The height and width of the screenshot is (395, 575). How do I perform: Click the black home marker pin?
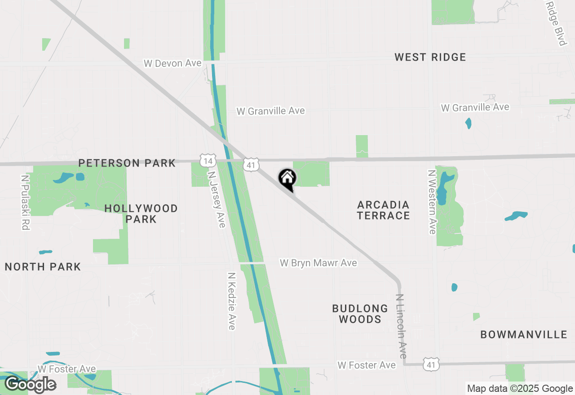click(287, 179)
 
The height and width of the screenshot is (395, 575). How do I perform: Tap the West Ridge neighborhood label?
click(430, 57)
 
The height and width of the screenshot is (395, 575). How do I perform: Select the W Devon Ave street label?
click(172, 63)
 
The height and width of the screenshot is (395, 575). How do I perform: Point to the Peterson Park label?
click(127, 163)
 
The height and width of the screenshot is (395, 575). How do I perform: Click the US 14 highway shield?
click(208, 160)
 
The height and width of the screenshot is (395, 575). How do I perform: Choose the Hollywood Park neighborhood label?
click(141, 214)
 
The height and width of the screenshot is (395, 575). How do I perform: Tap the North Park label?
click(43, 267)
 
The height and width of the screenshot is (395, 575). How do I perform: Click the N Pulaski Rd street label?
click(25, 202)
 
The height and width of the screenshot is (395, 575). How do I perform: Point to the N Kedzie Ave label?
click(231, 301)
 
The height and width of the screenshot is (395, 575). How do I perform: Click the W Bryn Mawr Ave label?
click(318, 263)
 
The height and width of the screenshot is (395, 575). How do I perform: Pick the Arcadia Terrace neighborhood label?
click(384, 210)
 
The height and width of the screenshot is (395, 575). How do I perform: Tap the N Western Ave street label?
click(432, 202)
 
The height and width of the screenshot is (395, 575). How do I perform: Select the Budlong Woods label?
click(360, 314)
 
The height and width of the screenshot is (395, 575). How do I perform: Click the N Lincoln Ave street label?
click(401, 326)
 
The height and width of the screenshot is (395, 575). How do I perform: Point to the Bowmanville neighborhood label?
click(524, 334)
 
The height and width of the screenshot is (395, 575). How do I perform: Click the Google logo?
click(30, 384)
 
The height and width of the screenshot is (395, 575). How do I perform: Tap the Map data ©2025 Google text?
click(520, 389)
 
